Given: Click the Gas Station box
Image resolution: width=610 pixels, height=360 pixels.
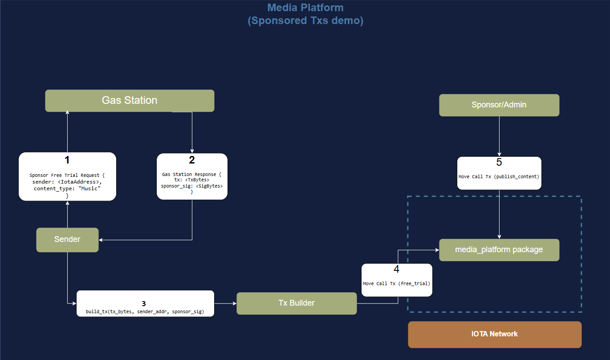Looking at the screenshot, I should pyautogui.click(x=130, y=100).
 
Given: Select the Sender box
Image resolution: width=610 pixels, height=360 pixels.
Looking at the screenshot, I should pyautogui.click(x=67, y=239).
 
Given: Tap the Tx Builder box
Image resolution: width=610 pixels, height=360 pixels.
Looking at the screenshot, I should pyautogui.click(x=297, y=303).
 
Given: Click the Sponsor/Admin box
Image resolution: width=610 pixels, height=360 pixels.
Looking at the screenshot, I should pyautogui.click(x=499, y=105).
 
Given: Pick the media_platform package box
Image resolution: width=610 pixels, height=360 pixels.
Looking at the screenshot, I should pyautogui.click(x=499, y=250).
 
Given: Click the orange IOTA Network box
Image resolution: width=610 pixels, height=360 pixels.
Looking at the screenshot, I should pyautogui.click(x=494, y=334).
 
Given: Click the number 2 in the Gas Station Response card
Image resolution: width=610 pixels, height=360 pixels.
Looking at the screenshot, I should pyautogui.click(x=192, y=160).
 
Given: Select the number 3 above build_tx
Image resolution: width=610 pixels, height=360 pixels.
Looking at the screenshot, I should pyautogui.click(x=144, y=303).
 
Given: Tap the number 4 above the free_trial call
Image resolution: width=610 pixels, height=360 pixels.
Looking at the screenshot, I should pyautogui.click(x=396, y=269).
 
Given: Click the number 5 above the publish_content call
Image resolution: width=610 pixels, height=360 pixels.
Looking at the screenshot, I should pyautogui.click(x=499, y=162).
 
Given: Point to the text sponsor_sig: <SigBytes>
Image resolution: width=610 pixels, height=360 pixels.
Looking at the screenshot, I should pyautogui.click(x=192, y=186).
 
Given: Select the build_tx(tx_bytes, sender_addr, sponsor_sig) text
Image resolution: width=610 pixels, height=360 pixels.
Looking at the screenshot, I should pyautogui.click(x=145, y=311).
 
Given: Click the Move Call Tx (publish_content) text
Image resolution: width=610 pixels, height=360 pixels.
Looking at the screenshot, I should pyautogui.click(x=499, y=176).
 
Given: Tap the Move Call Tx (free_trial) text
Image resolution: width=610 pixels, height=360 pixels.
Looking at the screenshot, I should pyautogui.click(x=396, y=283).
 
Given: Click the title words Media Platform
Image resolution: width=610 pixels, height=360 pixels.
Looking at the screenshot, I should pyautogui.click(x=305, y=8).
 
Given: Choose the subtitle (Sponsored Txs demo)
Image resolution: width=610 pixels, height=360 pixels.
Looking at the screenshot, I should pyautogui.click(x=305, y=21).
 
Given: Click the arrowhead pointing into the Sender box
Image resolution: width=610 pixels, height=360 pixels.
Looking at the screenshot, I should pyautogui.click(x=101, y=240).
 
